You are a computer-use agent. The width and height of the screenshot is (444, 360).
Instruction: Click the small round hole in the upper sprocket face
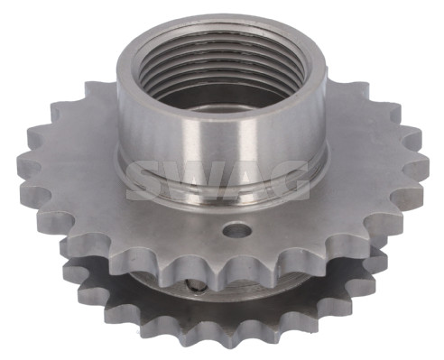click(236, 230)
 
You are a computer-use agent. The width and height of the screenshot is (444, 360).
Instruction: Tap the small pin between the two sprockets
click(196, 286)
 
